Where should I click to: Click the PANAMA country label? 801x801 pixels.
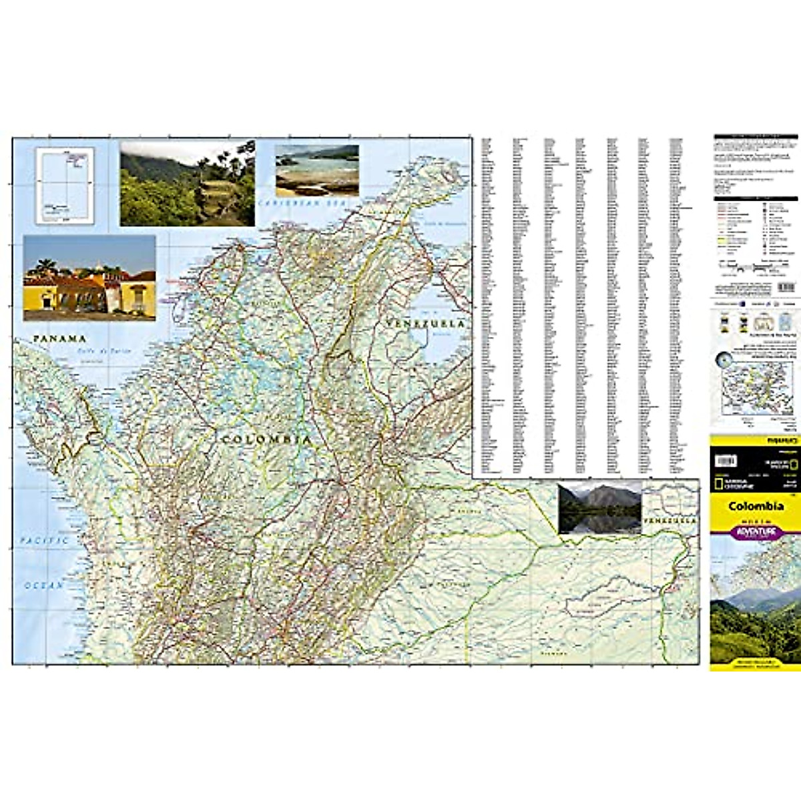[60, 339]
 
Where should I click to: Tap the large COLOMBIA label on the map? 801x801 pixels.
[266, 440]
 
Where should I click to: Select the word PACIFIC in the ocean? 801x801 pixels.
[43, 540]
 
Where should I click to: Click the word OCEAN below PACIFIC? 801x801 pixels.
[44, 585]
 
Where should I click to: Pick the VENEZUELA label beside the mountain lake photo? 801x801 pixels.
[670, 519]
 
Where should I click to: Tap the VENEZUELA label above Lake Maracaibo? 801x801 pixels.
[425, 324]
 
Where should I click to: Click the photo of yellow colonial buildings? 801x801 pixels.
[89, 278]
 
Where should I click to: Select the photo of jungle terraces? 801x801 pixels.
[187, 183]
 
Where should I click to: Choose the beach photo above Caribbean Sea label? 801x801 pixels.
[317, 170]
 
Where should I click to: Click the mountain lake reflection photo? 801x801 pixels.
[599, 508]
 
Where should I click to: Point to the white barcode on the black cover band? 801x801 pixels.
[725, 461]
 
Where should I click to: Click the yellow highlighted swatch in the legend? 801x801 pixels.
[722, 238]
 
